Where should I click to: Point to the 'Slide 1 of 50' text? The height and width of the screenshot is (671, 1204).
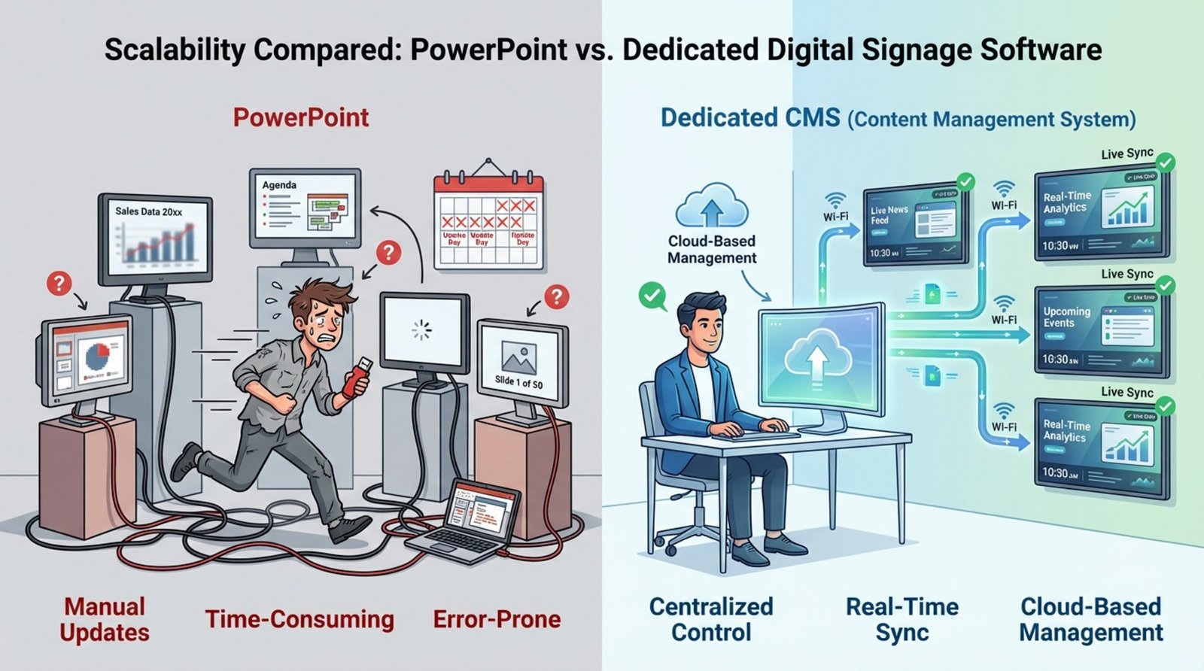[x=518, y=382]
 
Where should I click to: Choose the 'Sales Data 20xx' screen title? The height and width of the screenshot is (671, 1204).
[x=148, y=211]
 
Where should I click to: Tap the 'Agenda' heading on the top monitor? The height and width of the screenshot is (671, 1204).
[x=279, y=185]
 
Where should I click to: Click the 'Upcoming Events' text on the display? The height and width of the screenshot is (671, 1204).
[x=1066, y=317]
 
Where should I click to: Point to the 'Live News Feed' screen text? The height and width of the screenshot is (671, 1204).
[x=889, y=215]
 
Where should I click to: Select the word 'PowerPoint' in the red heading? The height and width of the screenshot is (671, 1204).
[x=300, y=118]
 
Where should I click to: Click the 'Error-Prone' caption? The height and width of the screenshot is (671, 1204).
[x=497, y=619]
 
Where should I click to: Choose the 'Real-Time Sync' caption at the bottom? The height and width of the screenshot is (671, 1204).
[x=901, y=619]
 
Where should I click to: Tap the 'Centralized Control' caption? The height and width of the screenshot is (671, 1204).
[x=710, y=619]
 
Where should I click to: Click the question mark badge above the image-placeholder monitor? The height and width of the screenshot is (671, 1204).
[x=556, y=297]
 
